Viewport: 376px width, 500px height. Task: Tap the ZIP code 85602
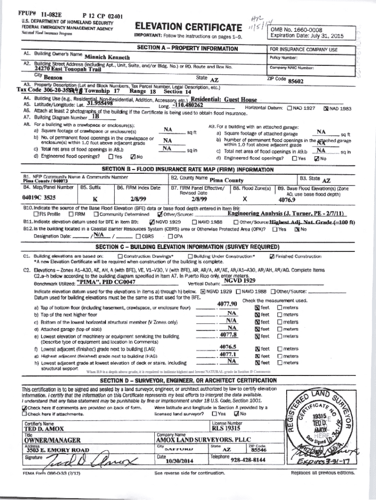coord(296,81)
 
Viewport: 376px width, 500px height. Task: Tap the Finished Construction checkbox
coord(272,256)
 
